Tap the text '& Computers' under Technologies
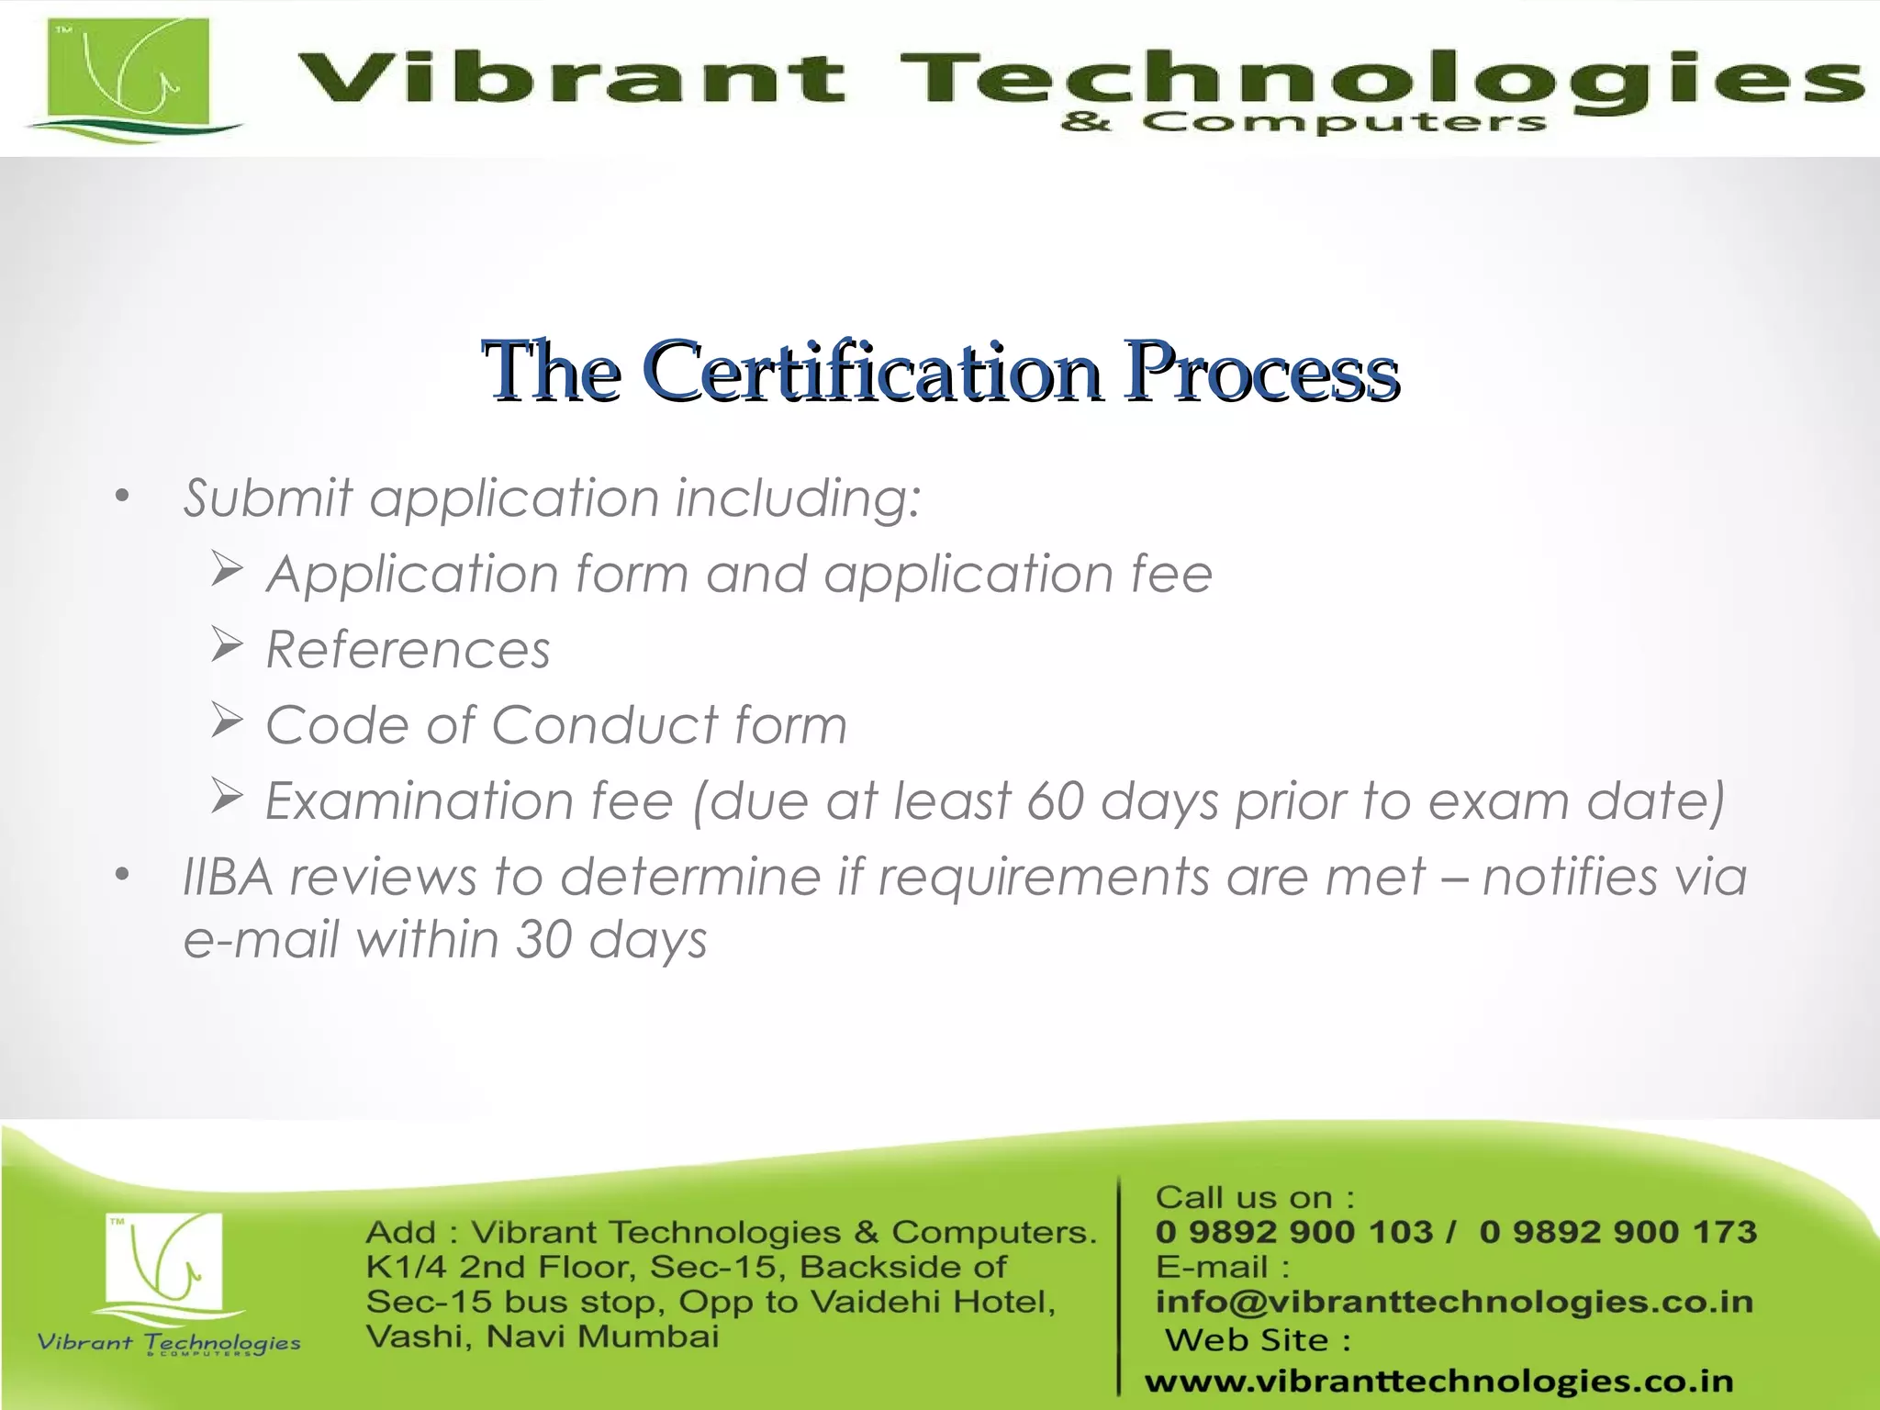pyautogui.click(x=1304, y=122)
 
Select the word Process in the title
pyautogui.click(x=1262, y=372)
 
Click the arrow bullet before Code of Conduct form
pyautogui.click(x=226, y=721)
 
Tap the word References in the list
pyautogui.click(x=408, y=650)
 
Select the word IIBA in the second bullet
pyautogui.click(x=228, y=877)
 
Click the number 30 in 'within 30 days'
pyautogui.click(x=544, y=940)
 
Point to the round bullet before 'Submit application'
pyautogui.click(x=122, y=498)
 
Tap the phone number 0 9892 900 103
pyautogui.click(x=1293, y=1232)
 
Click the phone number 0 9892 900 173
pyautogui.click(x=1617, y=1232)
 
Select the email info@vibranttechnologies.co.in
pyautogui.click(x=1454, y=1302)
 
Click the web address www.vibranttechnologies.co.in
pyautogui.click(x=1438, y=1381)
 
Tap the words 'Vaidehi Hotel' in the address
pyautogui.click(x=932, y=1302)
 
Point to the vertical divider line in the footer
pyautogui.click(x=1120, y=1285)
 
